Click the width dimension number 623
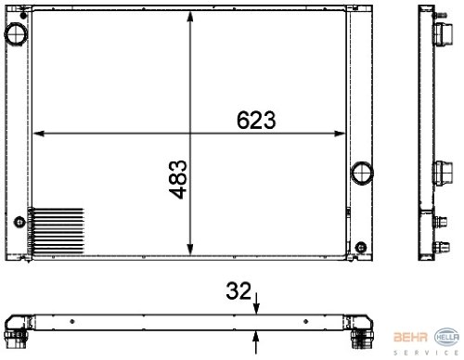[256, 120]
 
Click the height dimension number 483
[178, 179]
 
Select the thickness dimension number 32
[238, 290]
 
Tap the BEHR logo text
[410, 337]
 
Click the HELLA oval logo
[447, 337]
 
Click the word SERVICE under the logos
[426, 353]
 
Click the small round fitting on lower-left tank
[19, 222]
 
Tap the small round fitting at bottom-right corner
[361, 247]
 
